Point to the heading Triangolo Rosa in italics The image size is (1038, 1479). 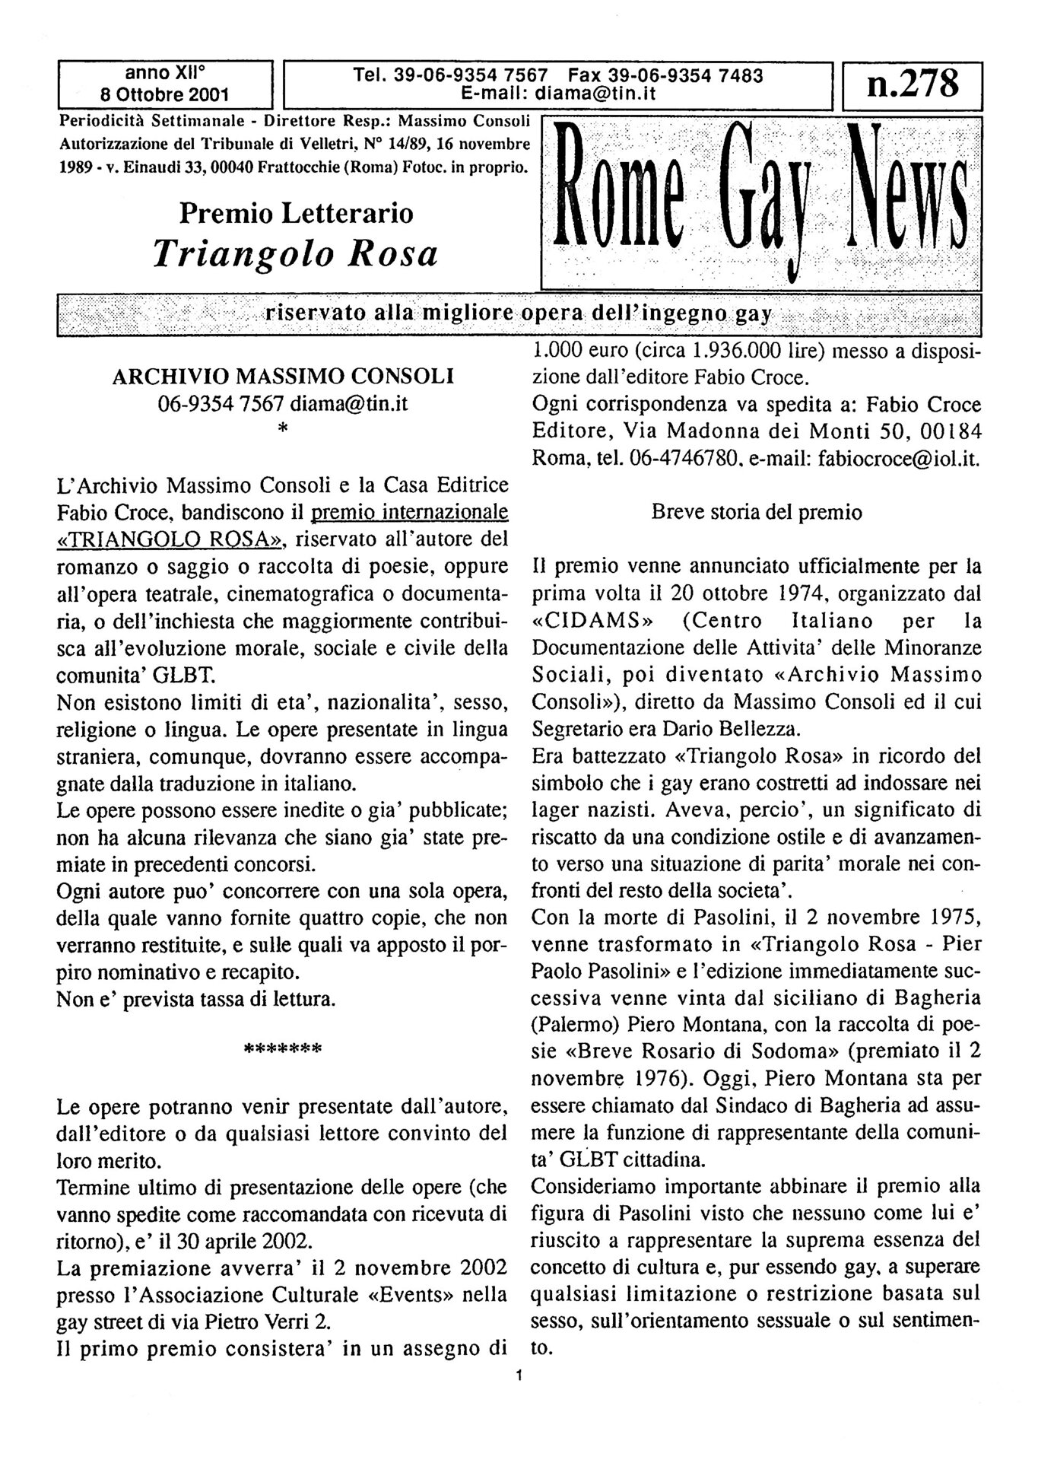coord(296,253)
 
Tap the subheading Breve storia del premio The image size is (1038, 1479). coord(757,512)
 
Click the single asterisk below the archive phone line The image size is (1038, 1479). coord(283,431)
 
